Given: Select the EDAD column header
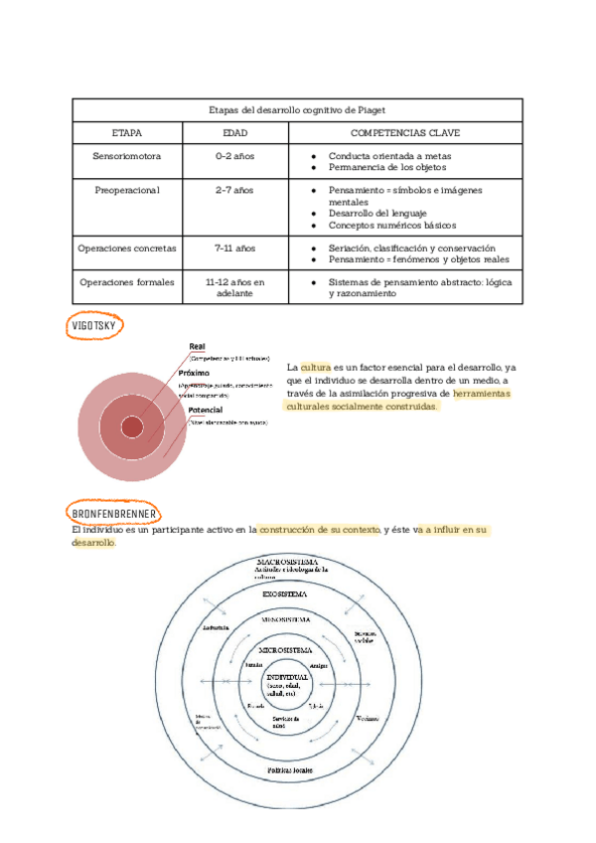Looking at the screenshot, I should coord(235,132).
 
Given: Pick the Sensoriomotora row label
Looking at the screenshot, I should coord(126,157).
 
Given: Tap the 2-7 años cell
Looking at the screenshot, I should coord(235,189).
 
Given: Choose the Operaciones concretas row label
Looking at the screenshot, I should coord(126,248).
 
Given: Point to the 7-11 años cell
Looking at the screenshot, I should coord(235,248).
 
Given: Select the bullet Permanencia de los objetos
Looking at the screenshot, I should coord(381,168).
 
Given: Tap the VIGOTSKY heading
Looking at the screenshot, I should coord(95,326).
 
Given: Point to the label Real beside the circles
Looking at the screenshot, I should coord(198,346).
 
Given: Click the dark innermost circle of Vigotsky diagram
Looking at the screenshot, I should coord(131,426).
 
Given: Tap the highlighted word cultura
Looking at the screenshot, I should coord(316,368).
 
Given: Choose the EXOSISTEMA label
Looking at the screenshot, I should coord(285,593).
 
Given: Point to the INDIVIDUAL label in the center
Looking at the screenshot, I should coord(287,677).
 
